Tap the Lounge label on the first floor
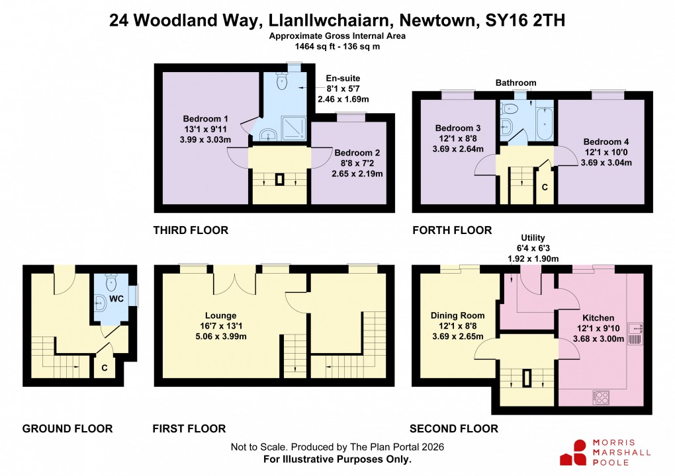click(x=221, y=315)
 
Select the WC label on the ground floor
click(x=116, y=299)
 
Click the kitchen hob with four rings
click(x=602, y=398)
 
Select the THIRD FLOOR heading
click(x=191, y=230)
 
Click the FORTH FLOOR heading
click(x=452, y=230)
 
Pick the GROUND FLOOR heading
click(x=67, y=428)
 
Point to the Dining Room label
click(x=458, y=315)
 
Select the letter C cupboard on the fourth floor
click(x=545, y=187)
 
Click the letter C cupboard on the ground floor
click(x=104, y=366)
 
